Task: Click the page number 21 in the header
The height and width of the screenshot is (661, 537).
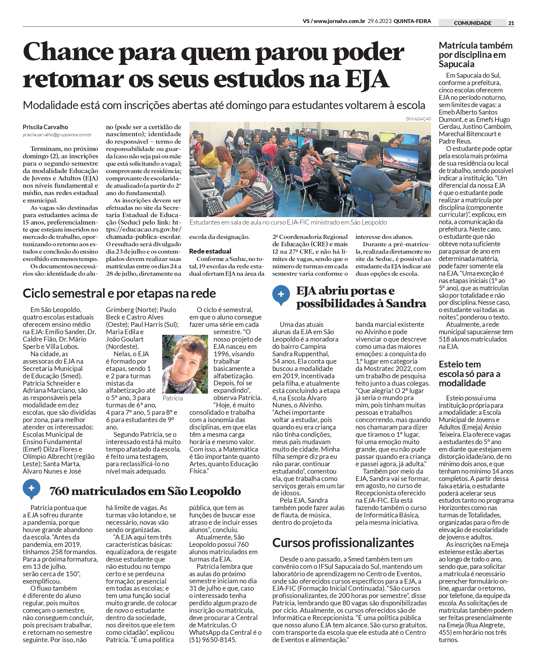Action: (511, 23)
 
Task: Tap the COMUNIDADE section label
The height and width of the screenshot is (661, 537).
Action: (472, 23)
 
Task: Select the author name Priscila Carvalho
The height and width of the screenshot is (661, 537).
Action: (45, 127)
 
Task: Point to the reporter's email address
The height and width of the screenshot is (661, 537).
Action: (57, 135)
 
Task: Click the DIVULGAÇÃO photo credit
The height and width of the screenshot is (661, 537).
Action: (418, 119)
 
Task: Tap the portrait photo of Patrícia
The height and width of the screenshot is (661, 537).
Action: (185, 364)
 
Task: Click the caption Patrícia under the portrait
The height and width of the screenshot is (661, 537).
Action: (173, 398)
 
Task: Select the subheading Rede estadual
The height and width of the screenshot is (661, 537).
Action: (210, 251)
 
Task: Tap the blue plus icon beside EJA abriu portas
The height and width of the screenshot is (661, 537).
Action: (281, 295)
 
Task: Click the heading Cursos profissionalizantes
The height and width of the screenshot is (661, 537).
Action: (343, 543)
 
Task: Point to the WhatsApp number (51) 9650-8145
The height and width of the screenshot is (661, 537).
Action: (212, 640)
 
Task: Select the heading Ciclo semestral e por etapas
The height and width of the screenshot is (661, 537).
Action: (119, 293)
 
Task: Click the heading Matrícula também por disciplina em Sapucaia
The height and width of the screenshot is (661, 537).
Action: (476, 55)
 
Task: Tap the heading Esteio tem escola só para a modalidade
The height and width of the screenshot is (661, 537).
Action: (469, 374)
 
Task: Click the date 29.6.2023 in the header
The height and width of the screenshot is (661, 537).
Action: (380, 21)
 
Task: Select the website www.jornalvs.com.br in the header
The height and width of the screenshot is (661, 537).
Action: (339, 21)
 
